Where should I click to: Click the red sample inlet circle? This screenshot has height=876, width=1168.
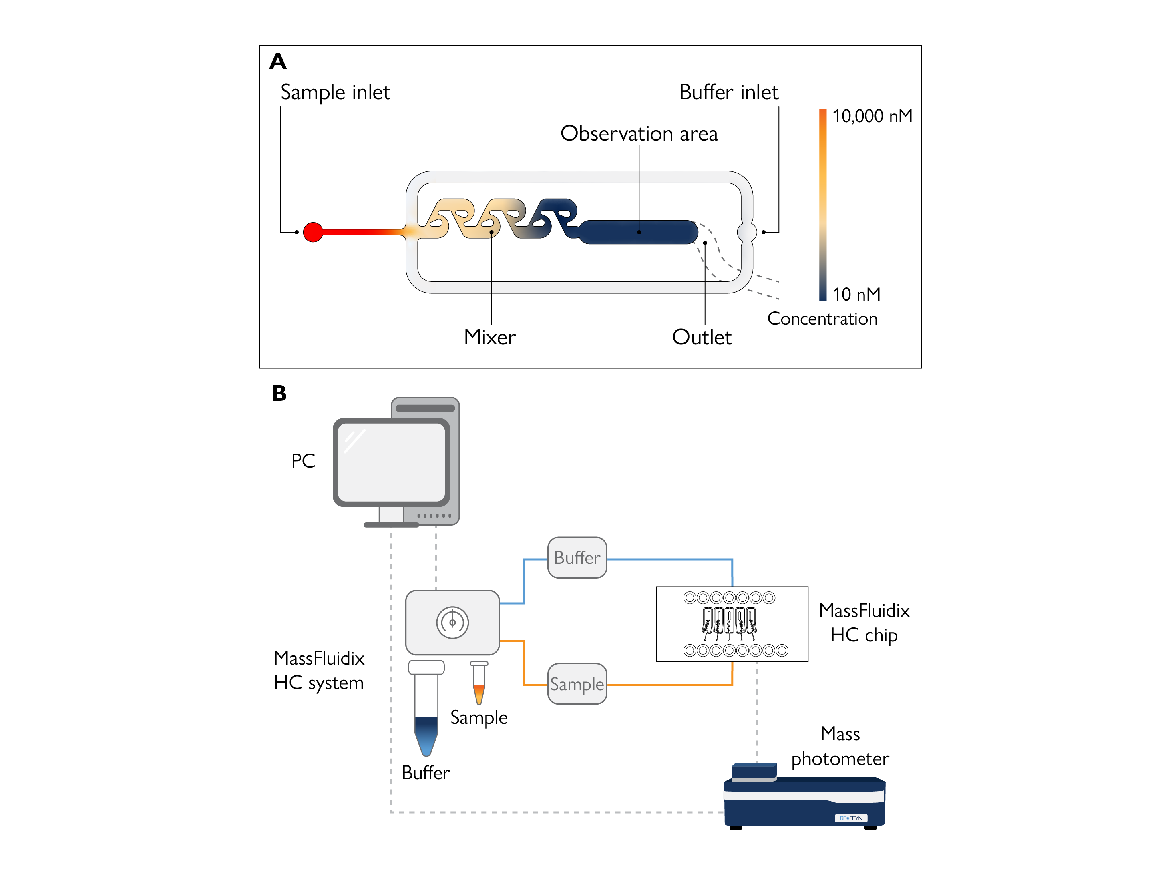click(313, 232)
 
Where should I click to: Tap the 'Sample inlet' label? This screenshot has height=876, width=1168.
click(335, 92)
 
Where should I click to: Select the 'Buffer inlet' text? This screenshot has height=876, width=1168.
click(729, 92)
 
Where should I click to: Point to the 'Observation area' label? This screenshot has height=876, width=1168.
click(639, 134)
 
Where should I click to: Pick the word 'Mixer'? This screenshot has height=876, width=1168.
click(489, 337)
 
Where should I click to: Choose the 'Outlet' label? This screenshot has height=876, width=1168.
click(702, 337)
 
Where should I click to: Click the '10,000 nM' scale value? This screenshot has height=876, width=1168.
click(872, 116)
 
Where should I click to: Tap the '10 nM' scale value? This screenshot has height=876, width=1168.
click(856, 294)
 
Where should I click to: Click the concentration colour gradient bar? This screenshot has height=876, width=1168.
click(823, 205)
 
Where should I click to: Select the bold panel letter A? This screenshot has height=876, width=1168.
click(278, 61)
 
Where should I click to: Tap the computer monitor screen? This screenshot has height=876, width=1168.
click(391, 462)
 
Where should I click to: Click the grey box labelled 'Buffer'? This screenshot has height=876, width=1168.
click(577, 558)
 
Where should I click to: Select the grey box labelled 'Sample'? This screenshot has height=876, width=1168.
click(577, 684)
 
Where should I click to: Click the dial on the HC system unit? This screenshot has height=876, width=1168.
click(452, 623)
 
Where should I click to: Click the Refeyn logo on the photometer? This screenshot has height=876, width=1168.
click(851, 818)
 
